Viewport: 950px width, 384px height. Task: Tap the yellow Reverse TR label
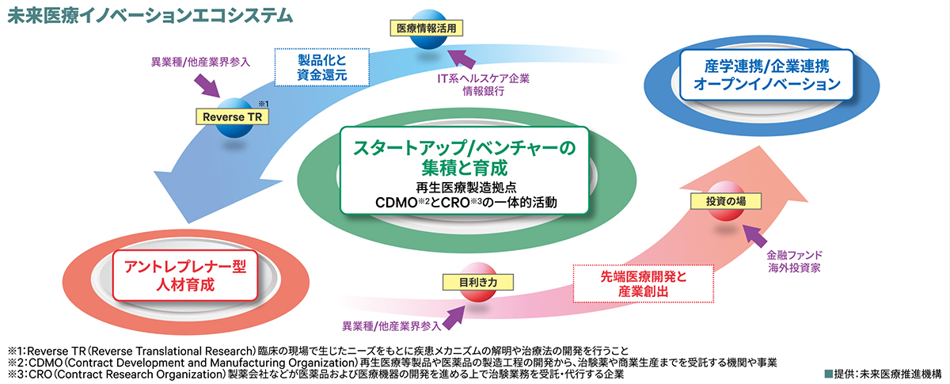pyautogui.click(x=232, y=116)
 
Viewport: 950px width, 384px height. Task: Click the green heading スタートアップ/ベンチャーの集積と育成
pyautogui.click(x=465, y=158)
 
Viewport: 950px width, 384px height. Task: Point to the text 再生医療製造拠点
pyautogui.click(x=465, y=187)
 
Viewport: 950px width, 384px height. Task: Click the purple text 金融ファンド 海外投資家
pyautogui.click(x=792, y=262)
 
